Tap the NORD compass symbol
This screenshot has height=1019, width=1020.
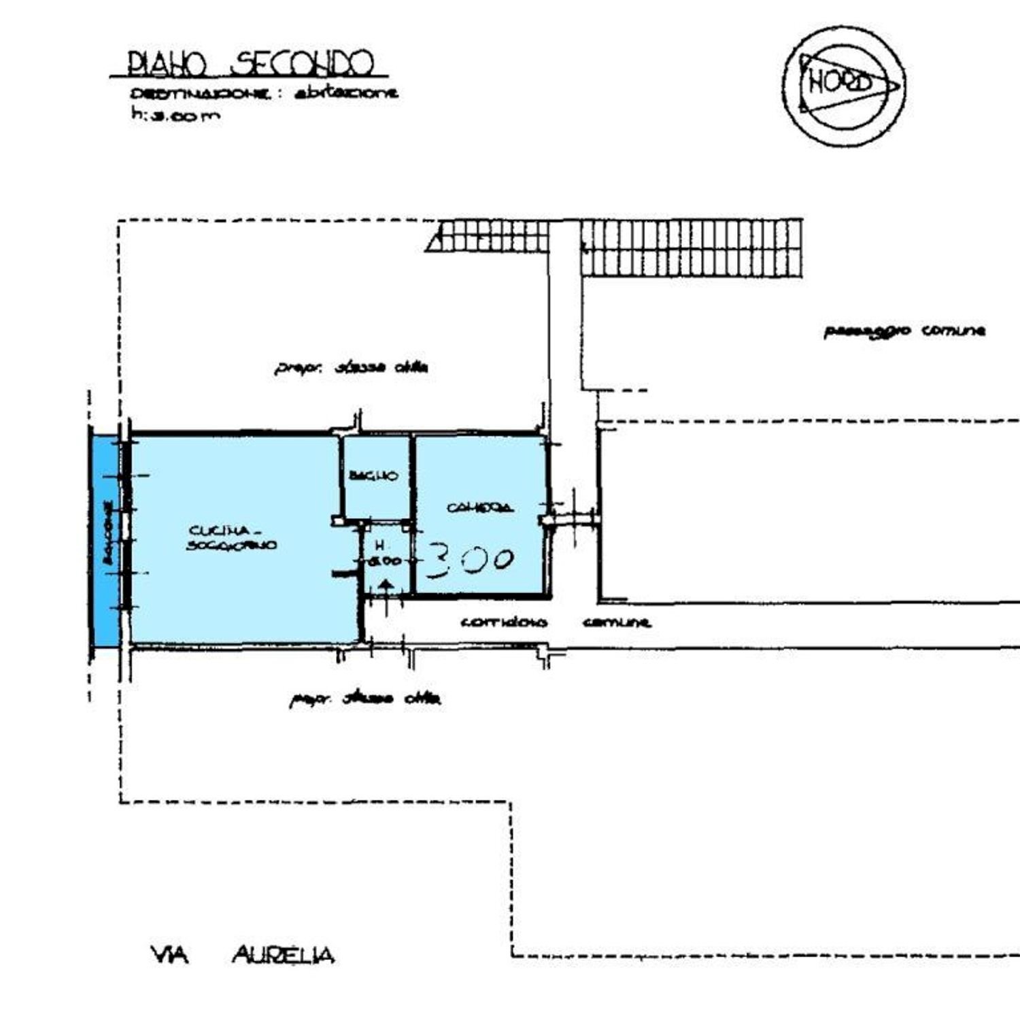click(844, 85)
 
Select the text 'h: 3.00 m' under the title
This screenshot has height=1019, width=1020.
click(175, 115)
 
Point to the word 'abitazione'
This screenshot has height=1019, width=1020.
click(346, 94)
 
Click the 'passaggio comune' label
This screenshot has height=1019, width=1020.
click(904, 331)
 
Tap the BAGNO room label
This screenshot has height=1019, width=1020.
click(373, 475)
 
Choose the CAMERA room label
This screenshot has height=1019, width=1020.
click(479, 507)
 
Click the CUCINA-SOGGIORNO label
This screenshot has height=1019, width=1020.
click(231, 537)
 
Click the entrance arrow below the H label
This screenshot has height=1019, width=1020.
click(386, 589)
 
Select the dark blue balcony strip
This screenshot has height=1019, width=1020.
click(105, 541)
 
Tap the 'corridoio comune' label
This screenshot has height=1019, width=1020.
click(555, 622)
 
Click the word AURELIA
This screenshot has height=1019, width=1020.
click(283, 956)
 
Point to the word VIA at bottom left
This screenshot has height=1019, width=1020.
click(169, 956)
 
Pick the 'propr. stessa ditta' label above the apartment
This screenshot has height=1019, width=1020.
click(351, 368)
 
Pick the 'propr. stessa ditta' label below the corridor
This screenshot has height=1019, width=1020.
click(365, 699)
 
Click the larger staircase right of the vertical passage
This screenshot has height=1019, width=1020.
click(692, 248)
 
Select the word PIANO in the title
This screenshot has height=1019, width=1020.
click(167, 65)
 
